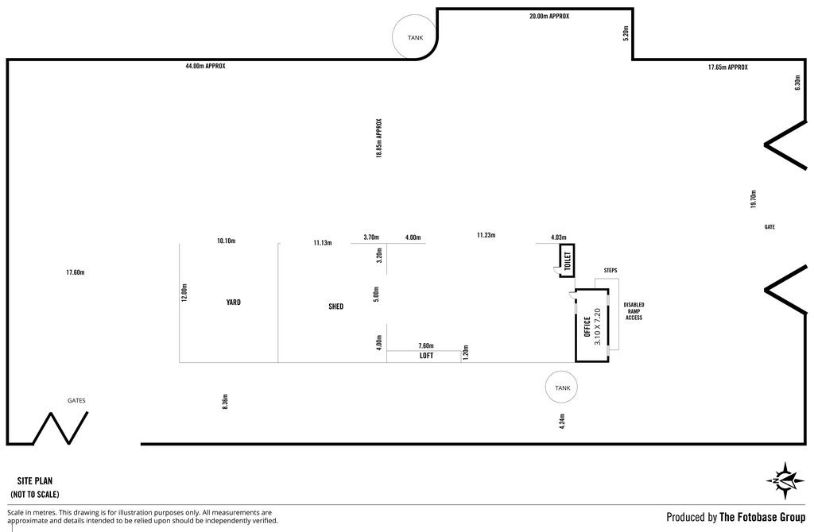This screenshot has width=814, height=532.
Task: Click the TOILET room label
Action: pos(567,260)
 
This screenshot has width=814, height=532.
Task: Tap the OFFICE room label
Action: pos(587,326)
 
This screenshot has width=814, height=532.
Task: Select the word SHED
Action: pos(336,306)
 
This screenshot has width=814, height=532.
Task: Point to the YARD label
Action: pos(234,303)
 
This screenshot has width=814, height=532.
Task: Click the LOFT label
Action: pos(426,356)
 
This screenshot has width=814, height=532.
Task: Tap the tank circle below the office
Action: pos(562,387)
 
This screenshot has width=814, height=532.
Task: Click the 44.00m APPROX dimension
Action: pos(206,67)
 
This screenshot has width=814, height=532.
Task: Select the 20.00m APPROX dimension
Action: pos(549,16)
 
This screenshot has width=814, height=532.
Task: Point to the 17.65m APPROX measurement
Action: pos(728,67)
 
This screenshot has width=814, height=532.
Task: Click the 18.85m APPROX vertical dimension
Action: pos(379,138)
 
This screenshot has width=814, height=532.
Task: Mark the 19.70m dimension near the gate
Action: pos(754,199)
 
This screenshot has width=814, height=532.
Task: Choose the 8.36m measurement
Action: pos(225,402)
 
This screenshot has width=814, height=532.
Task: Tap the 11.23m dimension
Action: pos(486,235)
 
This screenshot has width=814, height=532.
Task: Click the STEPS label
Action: pos(610,271)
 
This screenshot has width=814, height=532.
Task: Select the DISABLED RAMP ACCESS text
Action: pos(634,311)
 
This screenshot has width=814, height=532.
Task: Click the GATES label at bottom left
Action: pos(76,400)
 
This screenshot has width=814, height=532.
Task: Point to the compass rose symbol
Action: pos(785,480)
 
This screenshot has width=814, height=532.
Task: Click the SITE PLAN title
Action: pos(35,481)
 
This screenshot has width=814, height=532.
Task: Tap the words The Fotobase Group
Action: pos(762,517)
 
